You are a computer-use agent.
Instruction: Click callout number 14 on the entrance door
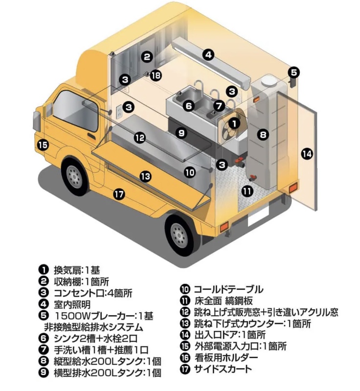click(307, 154)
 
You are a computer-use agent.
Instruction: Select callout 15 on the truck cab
click(43, 144)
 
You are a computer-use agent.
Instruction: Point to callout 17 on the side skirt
click(119, 194)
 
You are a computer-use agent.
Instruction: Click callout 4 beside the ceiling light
click(208, 55)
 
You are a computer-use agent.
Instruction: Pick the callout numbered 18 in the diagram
click(156, 75)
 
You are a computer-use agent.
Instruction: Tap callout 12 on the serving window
click(140, 138)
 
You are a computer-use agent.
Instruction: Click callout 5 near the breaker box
click(293, 72)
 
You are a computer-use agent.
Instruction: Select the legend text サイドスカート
click(223, 368)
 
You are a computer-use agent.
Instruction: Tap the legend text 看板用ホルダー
click(225, 358)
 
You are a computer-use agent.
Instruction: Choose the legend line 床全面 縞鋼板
click(225, 300)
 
